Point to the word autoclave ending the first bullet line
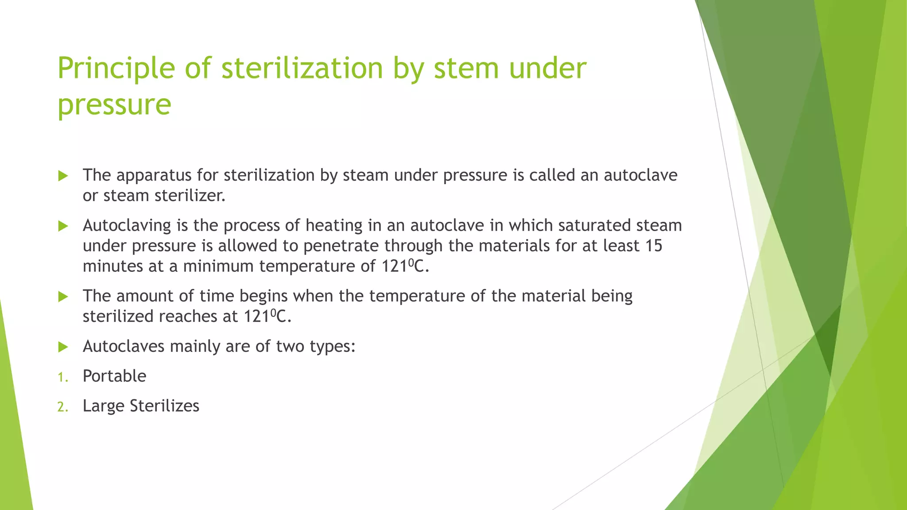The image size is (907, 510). [x=640, y=175]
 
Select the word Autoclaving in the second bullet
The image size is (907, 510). [x=127, y=226]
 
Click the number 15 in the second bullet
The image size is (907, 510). [x=654, y=246]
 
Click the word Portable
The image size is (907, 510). [x=114, y=376]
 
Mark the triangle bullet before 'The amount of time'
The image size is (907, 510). [x=63, y=297]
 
